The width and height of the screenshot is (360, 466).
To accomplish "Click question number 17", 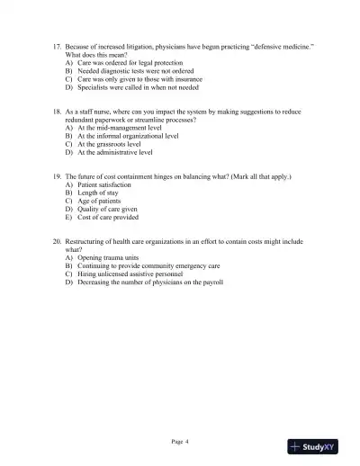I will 57,44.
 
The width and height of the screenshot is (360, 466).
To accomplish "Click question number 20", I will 57,242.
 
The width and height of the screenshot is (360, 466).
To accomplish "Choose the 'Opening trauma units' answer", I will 108,258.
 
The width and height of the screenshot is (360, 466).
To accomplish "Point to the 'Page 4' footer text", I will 180,442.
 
